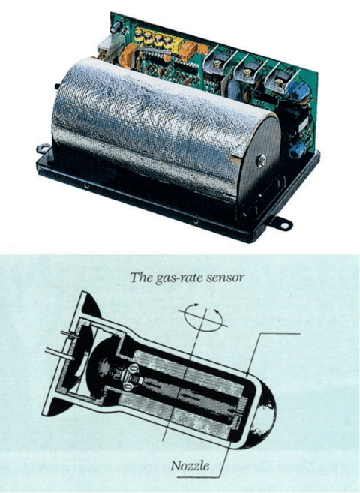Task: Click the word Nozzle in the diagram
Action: click(190, 466)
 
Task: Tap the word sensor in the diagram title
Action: click(226, 278)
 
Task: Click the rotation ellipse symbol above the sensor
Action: click(203, 318)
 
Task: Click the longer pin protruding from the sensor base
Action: click(59, 353)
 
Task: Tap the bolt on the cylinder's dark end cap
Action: click(261, 161)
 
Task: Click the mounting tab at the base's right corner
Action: click(281, 224)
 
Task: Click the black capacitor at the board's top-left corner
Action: click(115, 26)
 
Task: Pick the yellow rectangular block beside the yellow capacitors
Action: click(178, 44)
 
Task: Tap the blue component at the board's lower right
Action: click(297, 149)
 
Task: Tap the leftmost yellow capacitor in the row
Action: click(139, 35)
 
